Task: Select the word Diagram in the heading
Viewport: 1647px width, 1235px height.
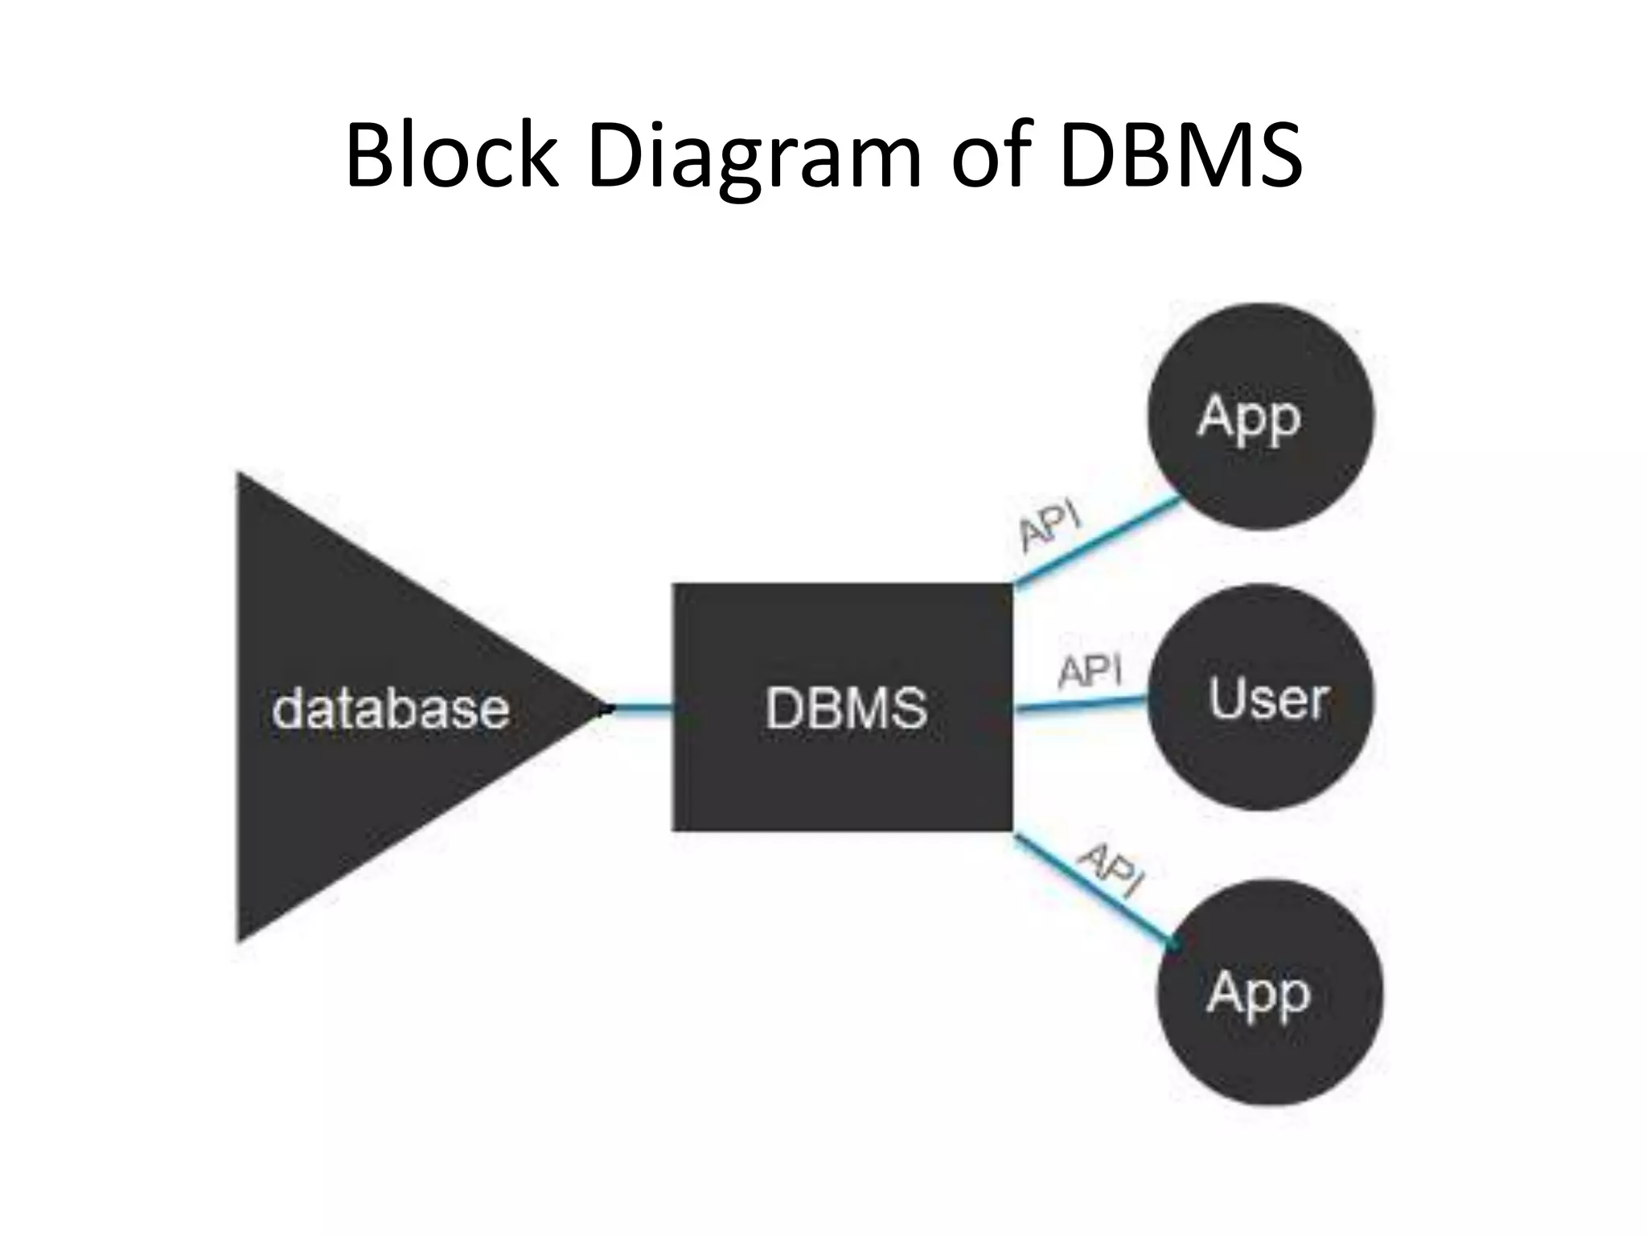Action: coord(754,157)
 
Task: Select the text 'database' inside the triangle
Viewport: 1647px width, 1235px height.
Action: coord(391,709)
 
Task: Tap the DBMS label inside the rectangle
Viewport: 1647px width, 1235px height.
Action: coord(846,708)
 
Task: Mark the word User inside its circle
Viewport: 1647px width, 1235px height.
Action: coord(1267,698)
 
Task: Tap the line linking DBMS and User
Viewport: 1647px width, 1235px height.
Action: coord(1082,704)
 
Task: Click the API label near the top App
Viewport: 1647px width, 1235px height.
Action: coord(1049,526)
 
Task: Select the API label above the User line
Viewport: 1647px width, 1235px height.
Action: coord(1089,671)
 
